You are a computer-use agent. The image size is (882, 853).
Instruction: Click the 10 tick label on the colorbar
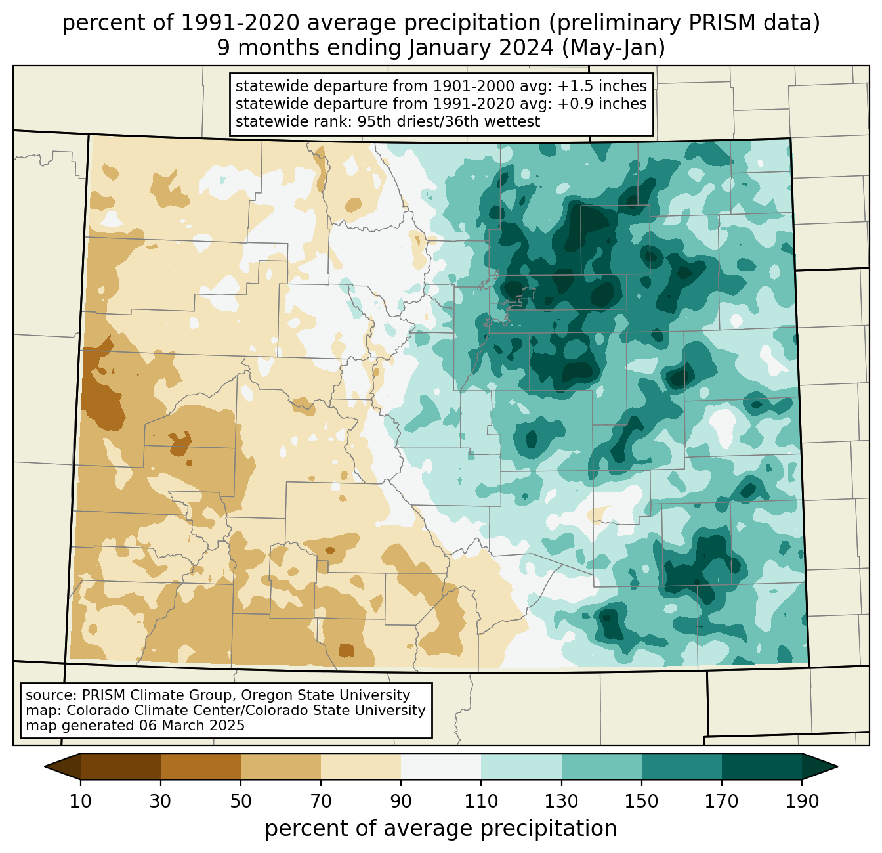pos(80,801)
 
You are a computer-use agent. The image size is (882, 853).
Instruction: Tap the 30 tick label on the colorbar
pos(160,801)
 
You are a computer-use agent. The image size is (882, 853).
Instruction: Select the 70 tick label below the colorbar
pos(321,801)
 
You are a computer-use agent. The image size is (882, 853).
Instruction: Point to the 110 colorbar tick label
pos(481,801)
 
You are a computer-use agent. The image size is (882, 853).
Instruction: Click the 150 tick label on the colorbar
pos(641,801)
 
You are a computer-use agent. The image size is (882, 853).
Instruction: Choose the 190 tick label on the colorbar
pos(802,801)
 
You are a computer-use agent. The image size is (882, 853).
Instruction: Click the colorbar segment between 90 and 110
pos(441,766)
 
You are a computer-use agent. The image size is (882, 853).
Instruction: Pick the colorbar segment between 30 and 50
pos(201,766)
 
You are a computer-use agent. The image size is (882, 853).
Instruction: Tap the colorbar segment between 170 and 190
pos(762,766)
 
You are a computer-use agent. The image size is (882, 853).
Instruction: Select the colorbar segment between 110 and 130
pos(521,766)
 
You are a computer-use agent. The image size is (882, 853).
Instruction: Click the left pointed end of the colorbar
pos(45,766)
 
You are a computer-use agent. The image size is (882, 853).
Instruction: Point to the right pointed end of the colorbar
pos(837,766)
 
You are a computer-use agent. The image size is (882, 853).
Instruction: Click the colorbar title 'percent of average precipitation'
pos(440,828)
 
